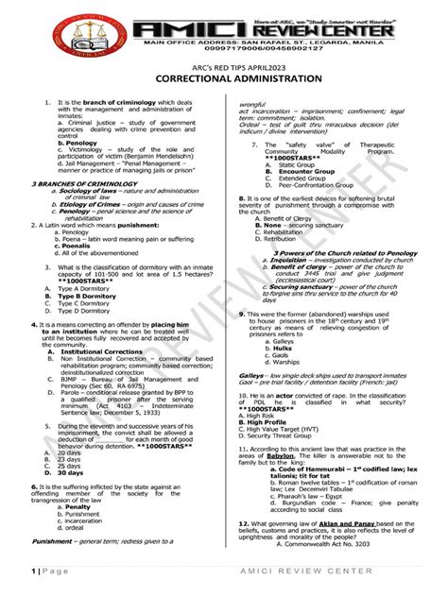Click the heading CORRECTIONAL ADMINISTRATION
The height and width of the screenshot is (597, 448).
224,80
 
